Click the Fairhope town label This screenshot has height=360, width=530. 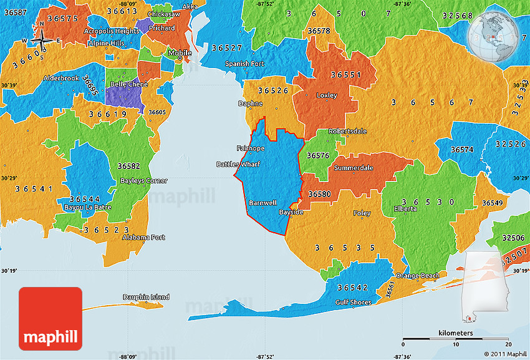point(251,148)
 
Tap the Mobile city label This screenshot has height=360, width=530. point(180,53)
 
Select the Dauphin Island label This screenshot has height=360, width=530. point(146,297)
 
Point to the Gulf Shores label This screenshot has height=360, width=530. point(354,303)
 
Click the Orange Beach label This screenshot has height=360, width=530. point(418,276)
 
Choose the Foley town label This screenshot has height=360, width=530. point(362,213)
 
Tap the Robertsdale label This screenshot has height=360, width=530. point(349,132)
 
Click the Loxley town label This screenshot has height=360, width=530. point(327,95)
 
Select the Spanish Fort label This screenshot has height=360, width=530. point(245,64)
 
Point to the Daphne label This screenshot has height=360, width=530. point(247,104)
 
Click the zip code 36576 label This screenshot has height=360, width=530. point(319,155)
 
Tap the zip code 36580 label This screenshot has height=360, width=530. point(319,194)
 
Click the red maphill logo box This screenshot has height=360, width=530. point(51,318)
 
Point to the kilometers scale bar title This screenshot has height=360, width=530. point(455,333)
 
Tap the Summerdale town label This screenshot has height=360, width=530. point(354,168)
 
